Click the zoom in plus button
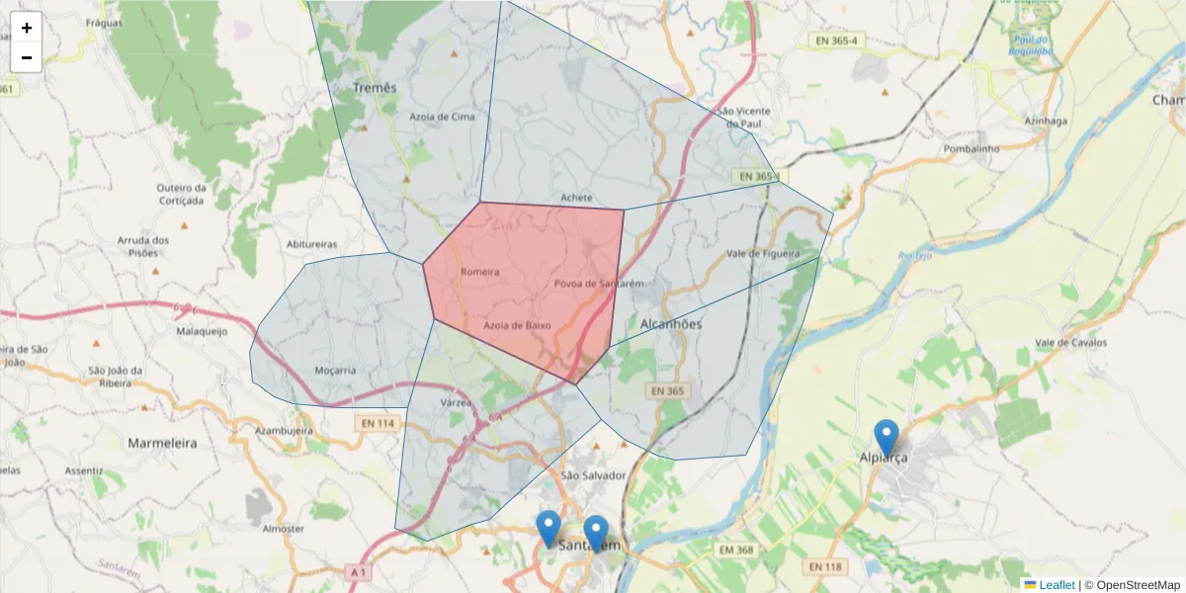[27, 28]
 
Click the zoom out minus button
[27, 57]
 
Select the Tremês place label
[375, 88]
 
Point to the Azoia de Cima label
[442, 117]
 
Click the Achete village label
[575, 198]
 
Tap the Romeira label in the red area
[479, 272]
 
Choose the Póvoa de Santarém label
[599, 284]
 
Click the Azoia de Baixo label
[517, 325]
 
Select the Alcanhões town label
[670, 324]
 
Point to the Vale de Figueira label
[762, 254]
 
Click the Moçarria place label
[334, 371]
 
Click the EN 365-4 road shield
[836, 41]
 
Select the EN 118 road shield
[826, 566]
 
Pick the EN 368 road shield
[736, 550]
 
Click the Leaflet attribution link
[1056, 585]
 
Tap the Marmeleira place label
[162, 444]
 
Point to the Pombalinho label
[973, 148]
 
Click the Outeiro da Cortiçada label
[180, 194]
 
